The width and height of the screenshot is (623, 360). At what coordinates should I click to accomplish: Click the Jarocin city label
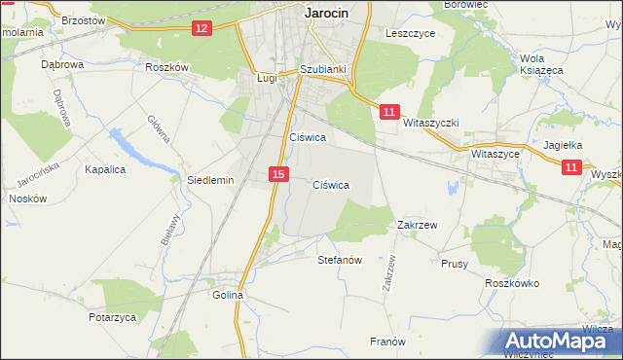tap(326, 13)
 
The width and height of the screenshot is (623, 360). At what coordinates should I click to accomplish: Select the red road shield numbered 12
tap(202, 28)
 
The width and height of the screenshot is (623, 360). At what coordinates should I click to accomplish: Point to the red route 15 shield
tap(278, 174)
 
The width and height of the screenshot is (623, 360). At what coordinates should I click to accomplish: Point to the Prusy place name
tap(455, 264)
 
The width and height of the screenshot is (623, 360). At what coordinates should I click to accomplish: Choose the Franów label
tap(387, 342)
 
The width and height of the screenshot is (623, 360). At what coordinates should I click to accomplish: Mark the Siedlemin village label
tap(210, 180)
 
